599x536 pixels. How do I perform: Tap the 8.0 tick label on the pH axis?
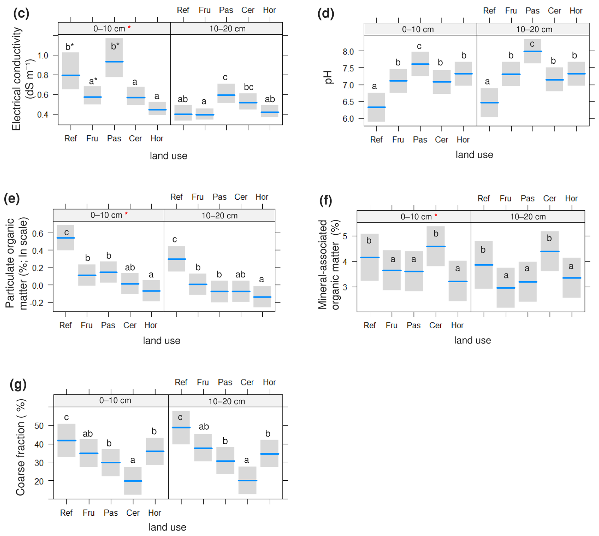tap(348, 52)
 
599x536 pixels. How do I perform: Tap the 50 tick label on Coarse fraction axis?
tap(39, 426)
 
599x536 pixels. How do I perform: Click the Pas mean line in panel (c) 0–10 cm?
tap(114, 62)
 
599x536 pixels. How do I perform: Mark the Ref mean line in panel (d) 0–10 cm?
tap(376, 107)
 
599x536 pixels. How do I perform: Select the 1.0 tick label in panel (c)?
tap(43, 55)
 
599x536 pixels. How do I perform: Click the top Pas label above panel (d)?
tap(532, 11)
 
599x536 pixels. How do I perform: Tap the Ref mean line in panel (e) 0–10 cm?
tap(66, 238)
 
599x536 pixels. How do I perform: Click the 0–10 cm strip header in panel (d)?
tap(418, 29)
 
